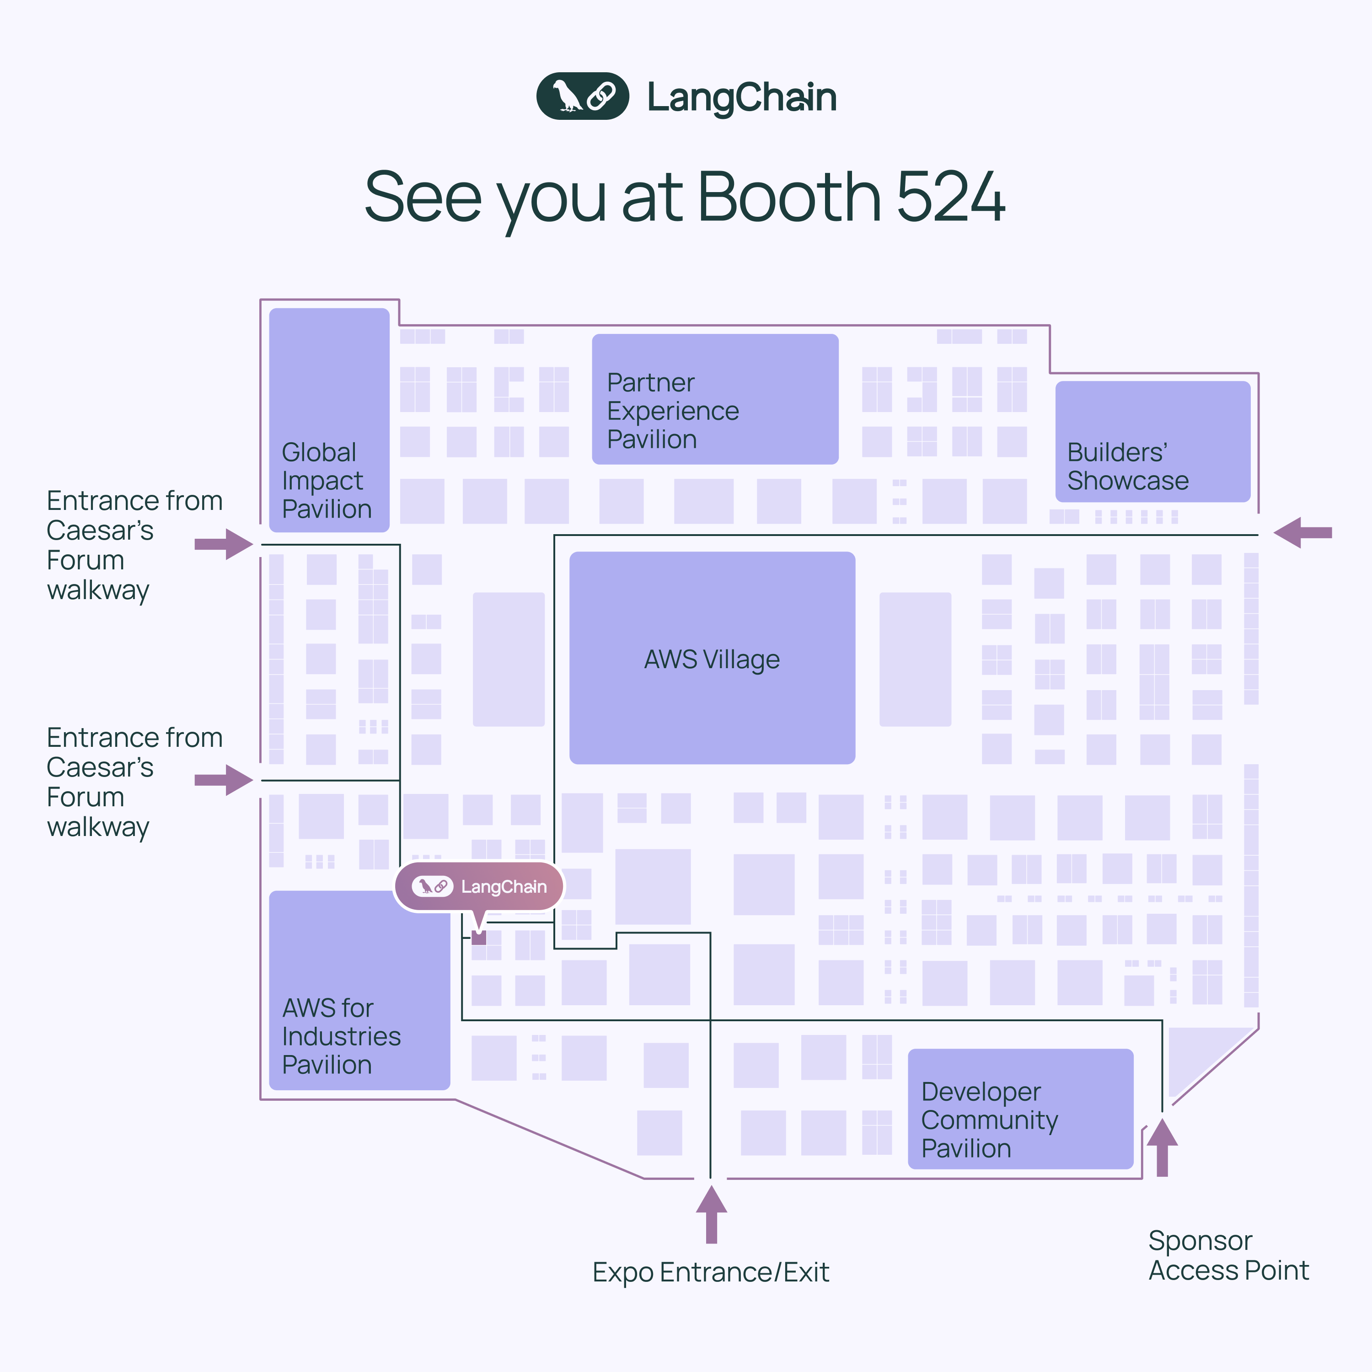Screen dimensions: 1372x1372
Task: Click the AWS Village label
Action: pyautogui.click(x=712, y=659)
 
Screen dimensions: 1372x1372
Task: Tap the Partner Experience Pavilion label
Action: pyautogui.click(x=672, y=411)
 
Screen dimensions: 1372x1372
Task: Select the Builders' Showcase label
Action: pyautogui.click(x=1127, y=466)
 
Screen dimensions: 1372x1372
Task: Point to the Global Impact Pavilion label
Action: pyautogui.click(x=326, y=481)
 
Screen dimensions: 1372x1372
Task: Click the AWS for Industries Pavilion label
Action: pyautogui.click(x=341, y=1036)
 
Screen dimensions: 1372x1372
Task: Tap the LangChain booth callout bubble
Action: pyautogui.click(x=479, y=886)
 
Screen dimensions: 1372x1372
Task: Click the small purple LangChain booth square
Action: pyautogui.click(x=479, y=938)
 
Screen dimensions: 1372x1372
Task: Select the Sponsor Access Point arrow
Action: pyautogui.click(x=1162, y=1147)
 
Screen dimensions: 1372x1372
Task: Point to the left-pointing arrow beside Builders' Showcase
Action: pyautogui.click(x=1302, y=533)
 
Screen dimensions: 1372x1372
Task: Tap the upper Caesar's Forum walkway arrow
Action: pyautogui.click(x=224, y=544)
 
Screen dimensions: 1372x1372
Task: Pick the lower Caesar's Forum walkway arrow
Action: pyautogui.click(x=224, y=780)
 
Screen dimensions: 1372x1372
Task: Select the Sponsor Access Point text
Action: pyautogui.click(x=1228, y=1255)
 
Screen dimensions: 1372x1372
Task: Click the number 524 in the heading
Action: pyautogui.click(x=950, y=197)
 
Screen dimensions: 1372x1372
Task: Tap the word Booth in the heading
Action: pyautogui.click(x=789, y=197)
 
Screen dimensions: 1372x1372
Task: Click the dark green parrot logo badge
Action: pyautogui.click(x=582, y=96)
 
